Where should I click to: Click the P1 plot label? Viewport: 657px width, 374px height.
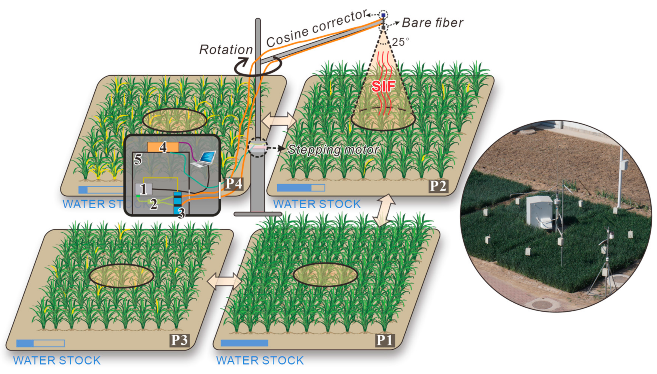385,340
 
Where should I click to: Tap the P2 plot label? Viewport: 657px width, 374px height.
438,186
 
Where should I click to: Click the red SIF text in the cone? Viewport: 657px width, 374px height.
383,86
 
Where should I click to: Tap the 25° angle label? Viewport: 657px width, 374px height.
400,42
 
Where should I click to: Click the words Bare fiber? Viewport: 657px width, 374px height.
432,23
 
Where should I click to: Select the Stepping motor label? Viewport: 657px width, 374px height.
333,150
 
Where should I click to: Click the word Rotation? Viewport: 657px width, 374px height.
226,49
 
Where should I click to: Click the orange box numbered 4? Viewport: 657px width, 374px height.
163,147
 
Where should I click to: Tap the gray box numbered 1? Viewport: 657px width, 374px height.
143,189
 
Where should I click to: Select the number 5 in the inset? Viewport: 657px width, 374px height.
138,160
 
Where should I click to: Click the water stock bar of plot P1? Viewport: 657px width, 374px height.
244,343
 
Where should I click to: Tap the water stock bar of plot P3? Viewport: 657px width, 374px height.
40,343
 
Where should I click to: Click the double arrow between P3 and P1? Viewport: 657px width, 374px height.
224,281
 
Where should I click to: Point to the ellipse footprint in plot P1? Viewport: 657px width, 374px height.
325,274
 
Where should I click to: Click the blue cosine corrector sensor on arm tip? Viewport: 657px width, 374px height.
383,15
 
